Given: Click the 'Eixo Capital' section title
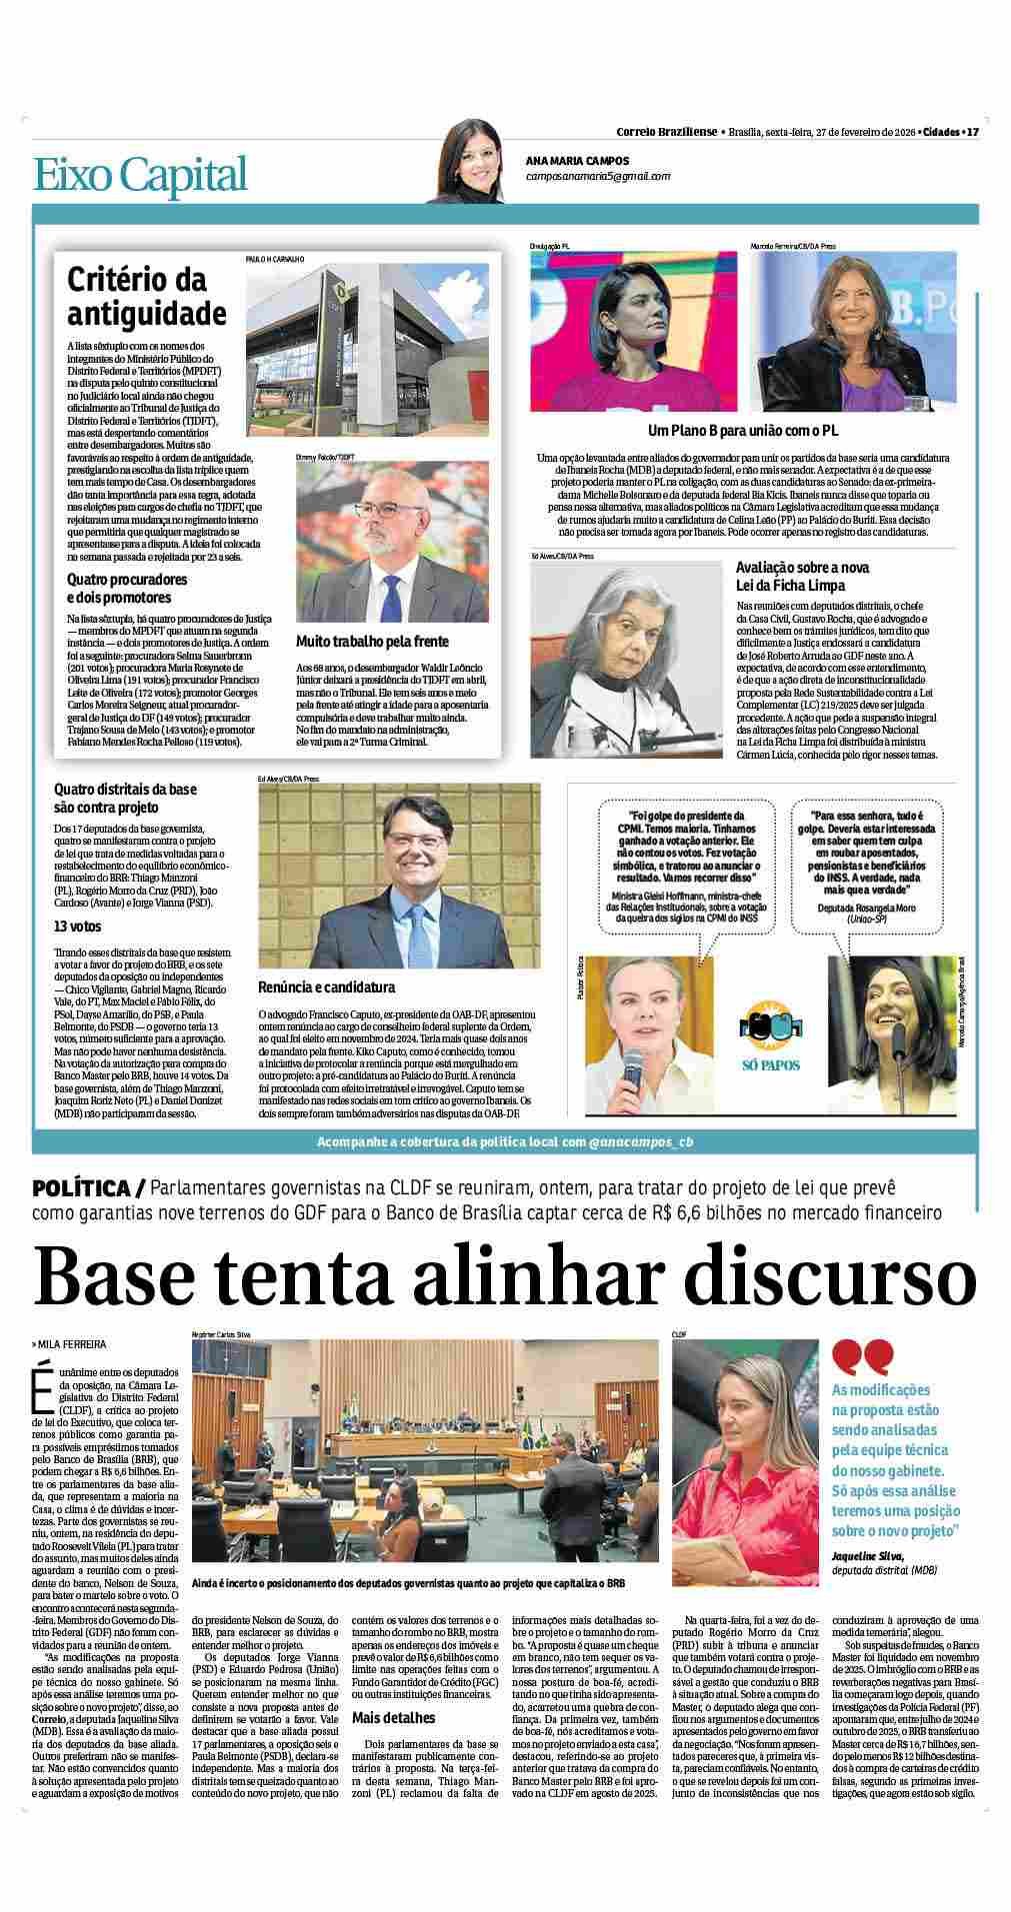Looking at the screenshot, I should (x=139, y=175).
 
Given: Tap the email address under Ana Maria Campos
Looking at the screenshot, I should (x=598, y=176).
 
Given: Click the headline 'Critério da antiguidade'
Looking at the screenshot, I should (x=147, y=296).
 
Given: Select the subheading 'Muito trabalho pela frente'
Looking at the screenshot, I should (x=372, y=641).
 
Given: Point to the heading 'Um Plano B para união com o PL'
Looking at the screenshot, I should (x=742, y=430).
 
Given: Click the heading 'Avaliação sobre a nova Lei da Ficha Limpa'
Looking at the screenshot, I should (x=802, y=575).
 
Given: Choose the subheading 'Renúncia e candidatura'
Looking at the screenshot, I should (x=326, y=986).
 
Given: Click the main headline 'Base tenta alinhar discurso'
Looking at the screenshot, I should (x=505, y=1276).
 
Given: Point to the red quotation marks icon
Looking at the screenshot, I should (x=863, y=1355).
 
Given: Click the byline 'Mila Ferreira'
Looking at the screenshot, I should (x=72, y=1344).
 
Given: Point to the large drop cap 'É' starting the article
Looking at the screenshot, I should (x=42, y=1376).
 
